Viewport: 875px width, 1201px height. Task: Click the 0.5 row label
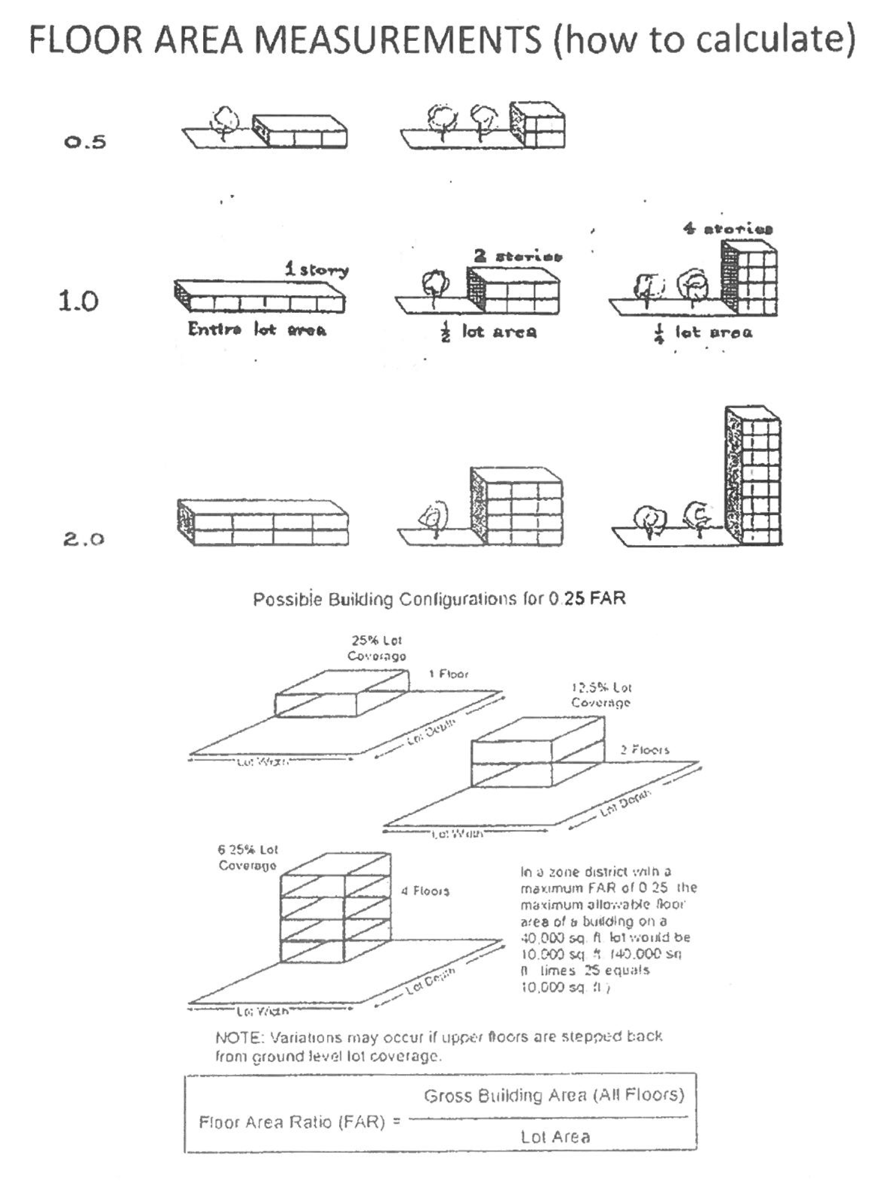click(85, 142)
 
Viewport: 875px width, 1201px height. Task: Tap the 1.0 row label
click(78, 302)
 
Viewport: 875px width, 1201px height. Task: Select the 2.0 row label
click(84, 539)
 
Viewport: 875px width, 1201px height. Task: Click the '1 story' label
click(316, 270)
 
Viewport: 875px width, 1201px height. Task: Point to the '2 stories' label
click(518, 257)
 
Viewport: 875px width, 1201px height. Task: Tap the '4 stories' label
click(728, 230)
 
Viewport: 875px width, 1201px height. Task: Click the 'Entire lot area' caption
click(258, 330)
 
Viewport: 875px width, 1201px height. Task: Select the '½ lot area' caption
click(489, 333)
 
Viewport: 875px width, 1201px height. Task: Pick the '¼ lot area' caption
click(702, 333)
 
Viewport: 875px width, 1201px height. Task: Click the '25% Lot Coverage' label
click(376, 648)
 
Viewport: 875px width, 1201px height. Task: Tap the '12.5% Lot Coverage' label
click(601, 695)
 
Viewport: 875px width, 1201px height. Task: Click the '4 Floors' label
click(425, 891)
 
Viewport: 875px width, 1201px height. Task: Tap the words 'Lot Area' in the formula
click(554, 1137)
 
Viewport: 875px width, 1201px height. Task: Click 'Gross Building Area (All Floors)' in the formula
click(553, 1096)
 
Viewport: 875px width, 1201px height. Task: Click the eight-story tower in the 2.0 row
click(753, 476)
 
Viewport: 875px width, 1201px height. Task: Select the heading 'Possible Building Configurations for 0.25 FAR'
click(439, 599)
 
